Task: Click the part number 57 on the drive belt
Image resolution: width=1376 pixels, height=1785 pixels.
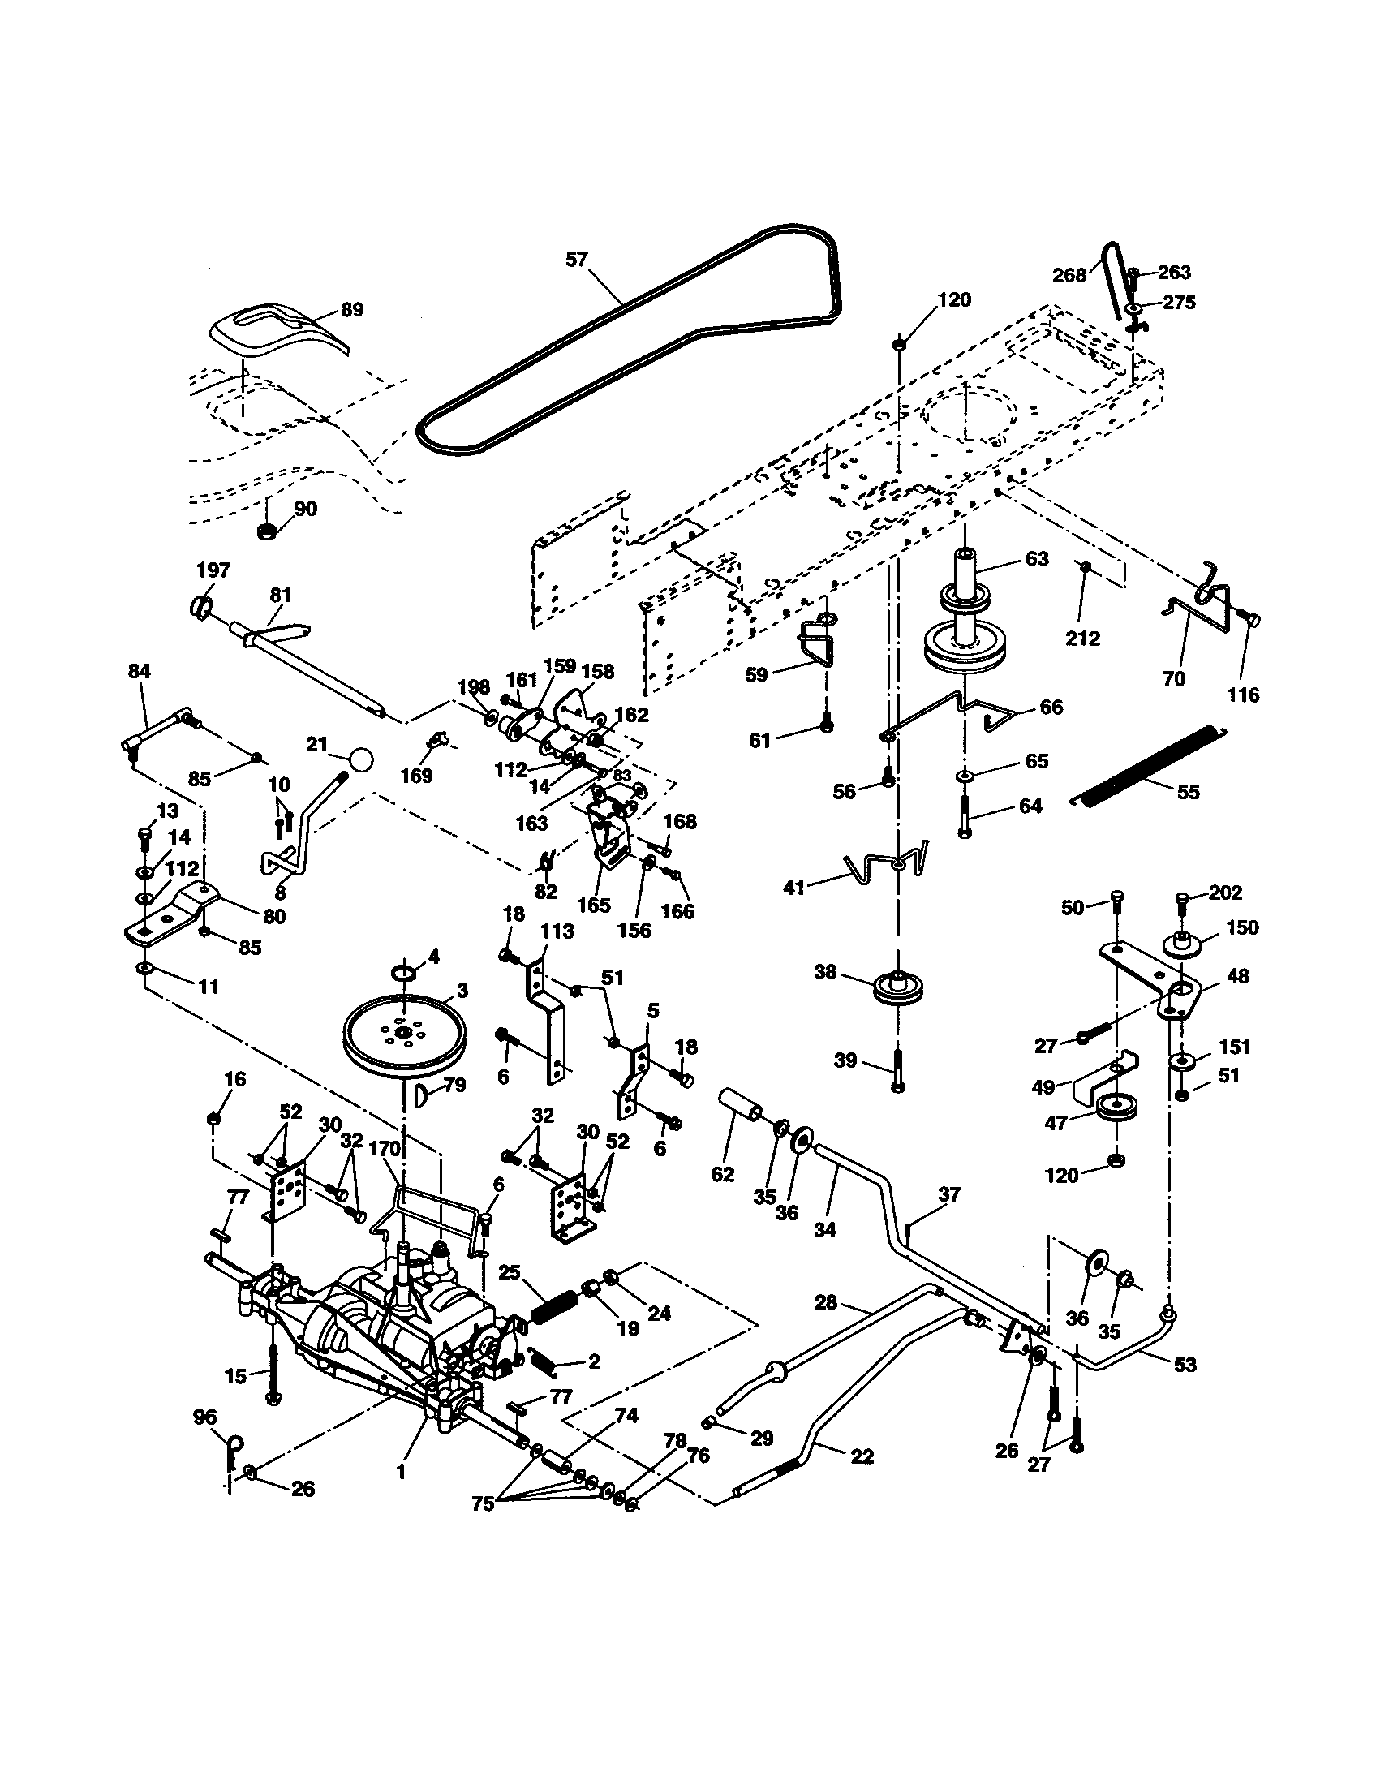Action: click(x=577, y=260)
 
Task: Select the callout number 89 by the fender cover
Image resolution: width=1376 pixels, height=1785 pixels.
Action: click(x=352, y=310)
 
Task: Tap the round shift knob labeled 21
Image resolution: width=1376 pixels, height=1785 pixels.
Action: click(x=360, y=759)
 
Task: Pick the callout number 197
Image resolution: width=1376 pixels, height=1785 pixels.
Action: click(x=213, y=570)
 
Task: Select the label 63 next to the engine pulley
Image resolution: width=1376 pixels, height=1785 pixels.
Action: click(x=1036, y=559)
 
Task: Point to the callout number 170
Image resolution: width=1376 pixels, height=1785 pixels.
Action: click(x=384, y=1148)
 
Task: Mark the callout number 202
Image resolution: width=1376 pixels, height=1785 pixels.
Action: click(x=1225, y=892)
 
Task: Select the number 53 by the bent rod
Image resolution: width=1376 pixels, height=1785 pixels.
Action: click(x=1185, y=1364)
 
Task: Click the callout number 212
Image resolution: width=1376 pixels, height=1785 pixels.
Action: click(x=1082, y=638)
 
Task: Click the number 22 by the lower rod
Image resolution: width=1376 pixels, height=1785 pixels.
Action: click(x=862, y=1456)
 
